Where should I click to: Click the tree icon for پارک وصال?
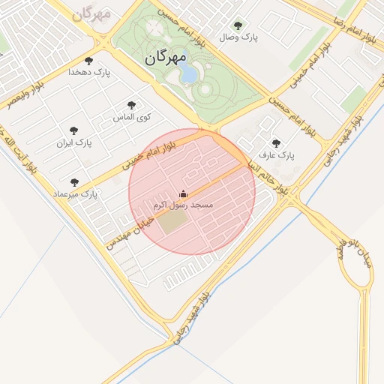click(238, 25)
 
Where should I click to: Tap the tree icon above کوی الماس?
click(132, 106)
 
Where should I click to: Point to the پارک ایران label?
click(73, 142)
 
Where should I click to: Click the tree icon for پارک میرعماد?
click(74, 181)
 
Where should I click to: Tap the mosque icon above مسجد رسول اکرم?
click(183, 193)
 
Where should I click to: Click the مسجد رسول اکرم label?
click(183, 205)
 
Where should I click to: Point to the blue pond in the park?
click(189, 74)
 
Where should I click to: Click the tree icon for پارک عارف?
click(276, 142)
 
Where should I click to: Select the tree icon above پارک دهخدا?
click(89, 60)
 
